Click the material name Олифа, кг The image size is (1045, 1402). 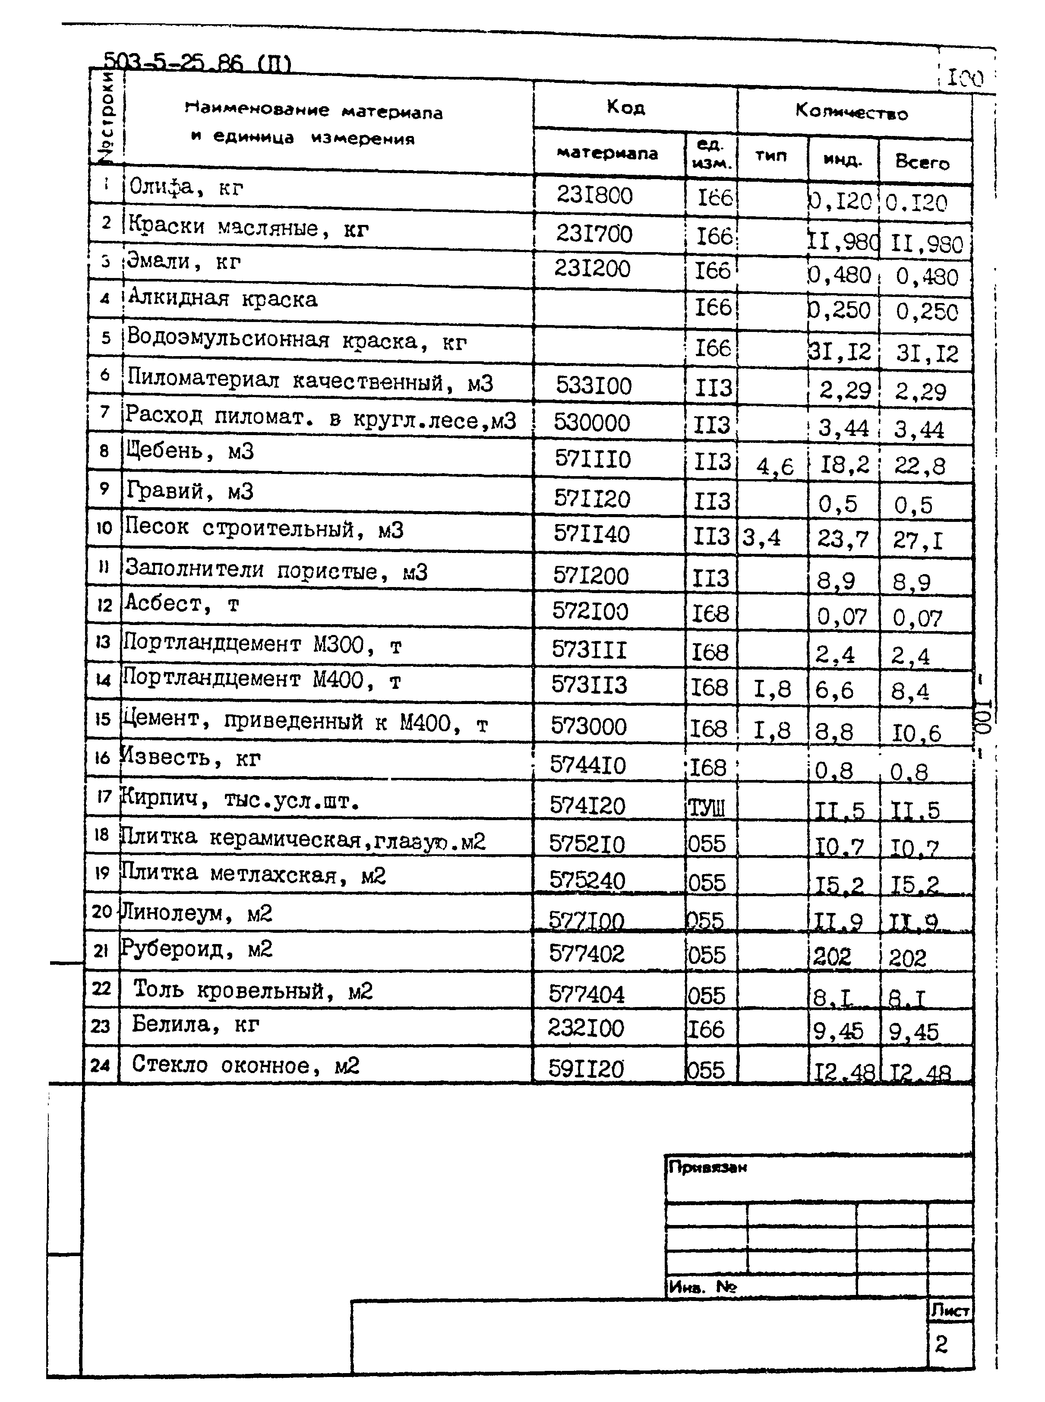coord(186,187)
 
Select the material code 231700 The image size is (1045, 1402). coord(594,234)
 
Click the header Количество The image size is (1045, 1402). coord(852,113)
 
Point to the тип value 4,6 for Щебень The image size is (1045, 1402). coord(774,467)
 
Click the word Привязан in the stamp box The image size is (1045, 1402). coord(707,1167)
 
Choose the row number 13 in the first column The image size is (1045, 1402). coord(103,642)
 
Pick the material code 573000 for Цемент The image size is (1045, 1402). coord(588,726)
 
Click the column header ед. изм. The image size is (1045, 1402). coord(711,155)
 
